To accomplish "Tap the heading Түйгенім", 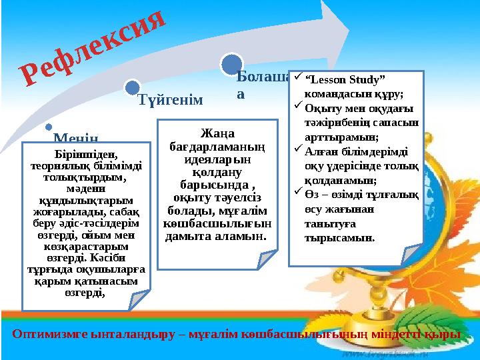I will (x=169, y=100).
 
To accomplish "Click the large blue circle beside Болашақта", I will (x=231, y=63).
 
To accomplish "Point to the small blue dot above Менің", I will (x=47, y=127).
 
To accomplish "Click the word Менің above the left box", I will (x=76, y=137).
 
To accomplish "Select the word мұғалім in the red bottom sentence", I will (x=244, y=335).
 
